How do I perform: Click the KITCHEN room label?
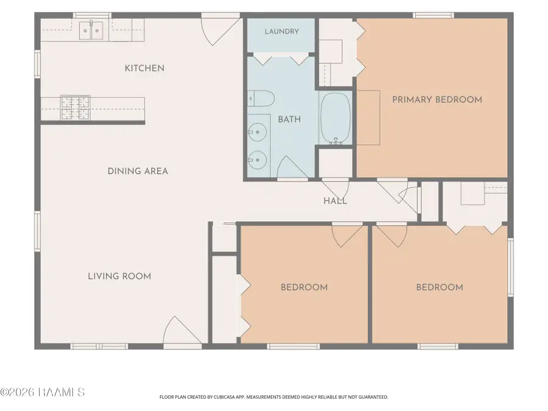(144, 68)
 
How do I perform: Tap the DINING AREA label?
(138, 171)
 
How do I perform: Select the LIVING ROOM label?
(119, 276)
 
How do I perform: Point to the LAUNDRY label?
(282, 32)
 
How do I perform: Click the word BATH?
(289, 119)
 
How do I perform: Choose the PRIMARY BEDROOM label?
(437, 100)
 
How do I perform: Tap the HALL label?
(335, 201)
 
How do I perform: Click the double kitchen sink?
(91, 30)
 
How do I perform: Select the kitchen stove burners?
(75, 108)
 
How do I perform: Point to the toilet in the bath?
(261, 99)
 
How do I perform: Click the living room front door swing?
(183, 330)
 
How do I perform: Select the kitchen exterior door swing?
(221, 32)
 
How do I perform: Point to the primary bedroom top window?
(434, 15)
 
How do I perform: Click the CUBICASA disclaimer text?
(273, 397)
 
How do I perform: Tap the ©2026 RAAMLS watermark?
(42, 392)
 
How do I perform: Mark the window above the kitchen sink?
(92, 15)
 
